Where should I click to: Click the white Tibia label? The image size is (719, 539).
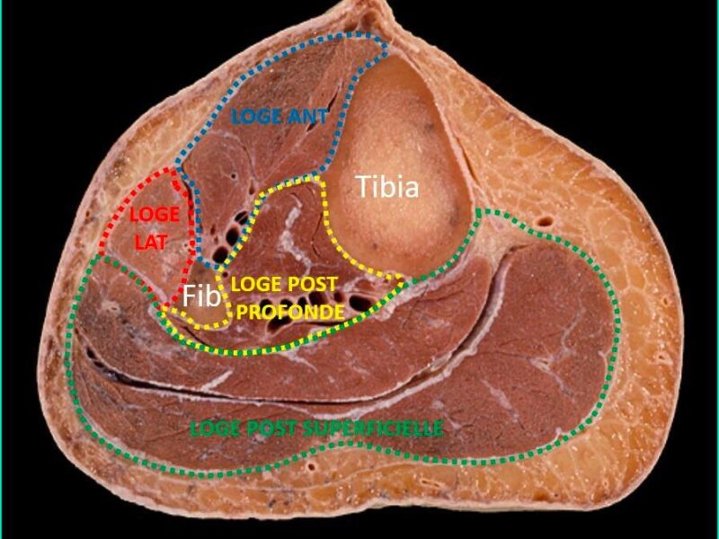point(387,187)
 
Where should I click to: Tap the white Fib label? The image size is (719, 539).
point(201,296)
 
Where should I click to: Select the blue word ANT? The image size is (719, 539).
point(307,117)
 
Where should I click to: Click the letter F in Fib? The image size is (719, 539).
point(190,296)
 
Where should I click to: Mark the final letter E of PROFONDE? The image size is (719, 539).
point(339,312)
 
